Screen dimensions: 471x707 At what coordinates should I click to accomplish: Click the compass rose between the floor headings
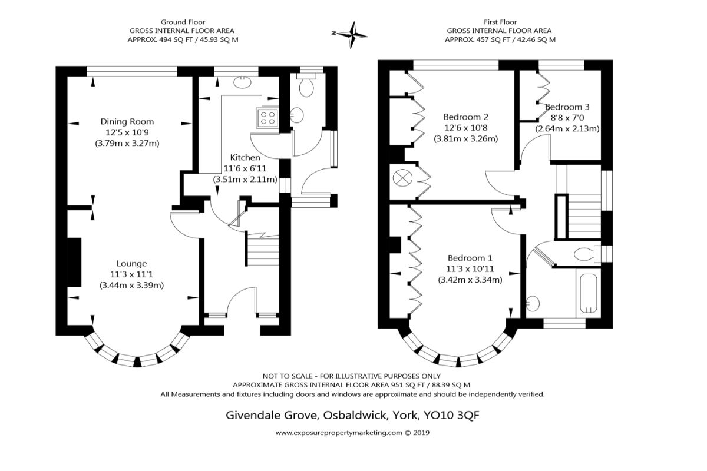pyautogui.click(x=352, y=34)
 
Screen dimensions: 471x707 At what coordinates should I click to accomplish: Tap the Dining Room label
pyautogui.click(x=127, y=122)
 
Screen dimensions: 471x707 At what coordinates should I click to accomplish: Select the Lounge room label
pyautogui.click(x=131, y=263)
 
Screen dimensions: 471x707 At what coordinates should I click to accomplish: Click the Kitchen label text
pyautogui.click(x=245, y=157)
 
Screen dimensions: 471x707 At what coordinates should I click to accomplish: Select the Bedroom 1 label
pyautogui.click(x=470, y=258)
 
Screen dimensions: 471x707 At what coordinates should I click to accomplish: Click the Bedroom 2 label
pyautogui.click(x=465, y=117)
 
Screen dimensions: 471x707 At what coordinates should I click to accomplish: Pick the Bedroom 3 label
pyautogui.click(x=567, y=107)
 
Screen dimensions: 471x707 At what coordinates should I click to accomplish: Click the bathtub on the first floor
pyautogui.click(x=590, y=293)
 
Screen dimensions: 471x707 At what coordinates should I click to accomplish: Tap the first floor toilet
pyautogui.click(x=584, y=254)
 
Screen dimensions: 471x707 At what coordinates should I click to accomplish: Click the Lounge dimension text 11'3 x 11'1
pyautogui.click(x=131, y=274)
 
